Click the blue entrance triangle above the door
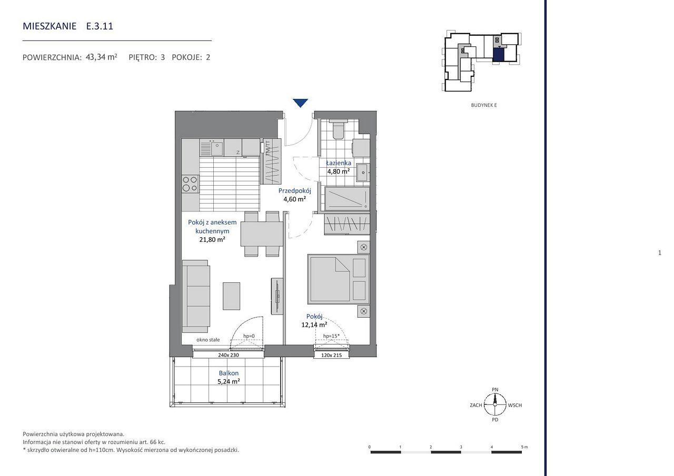pyautogui.click(x=300, y=103)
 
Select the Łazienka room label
pyautogui.click(x=339, y=163)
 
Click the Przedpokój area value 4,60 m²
pyautogui.click(x=294, y=199)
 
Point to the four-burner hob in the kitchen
pyautogui.click(x=190, y=184)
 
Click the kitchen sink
pyautogui.click(x=212, y=148)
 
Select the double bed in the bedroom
pyautogui.click(x=339, y=279)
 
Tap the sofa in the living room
pyautogui.click(x=196, y=296)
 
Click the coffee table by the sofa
pyautogui.click(x=231, y=296)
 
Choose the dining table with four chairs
pyautogui.click(x=262, y=234)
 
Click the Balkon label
pyautogui.click(x=229, y=373)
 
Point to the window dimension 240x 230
pyautogui.click(x=229, y=355)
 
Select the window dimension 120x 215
pyautogui.click(x=332, y=355)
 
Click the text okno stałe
pyautogui.click(x=208, y=340)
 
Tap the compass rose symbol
pyautogui.click(x=495, y=405)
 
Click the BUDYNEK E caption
pyautogui.click(x=484, y=105)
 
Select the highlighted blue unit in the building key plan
pyautogui.click(x=498, y=55)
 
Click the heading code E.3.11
pyautogui.click(x=100, y=26)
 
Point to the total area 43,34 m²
pyautogui.click(x=102, y=57)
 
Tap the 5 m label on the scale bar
pyautogui.click(x=524, y=447)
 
